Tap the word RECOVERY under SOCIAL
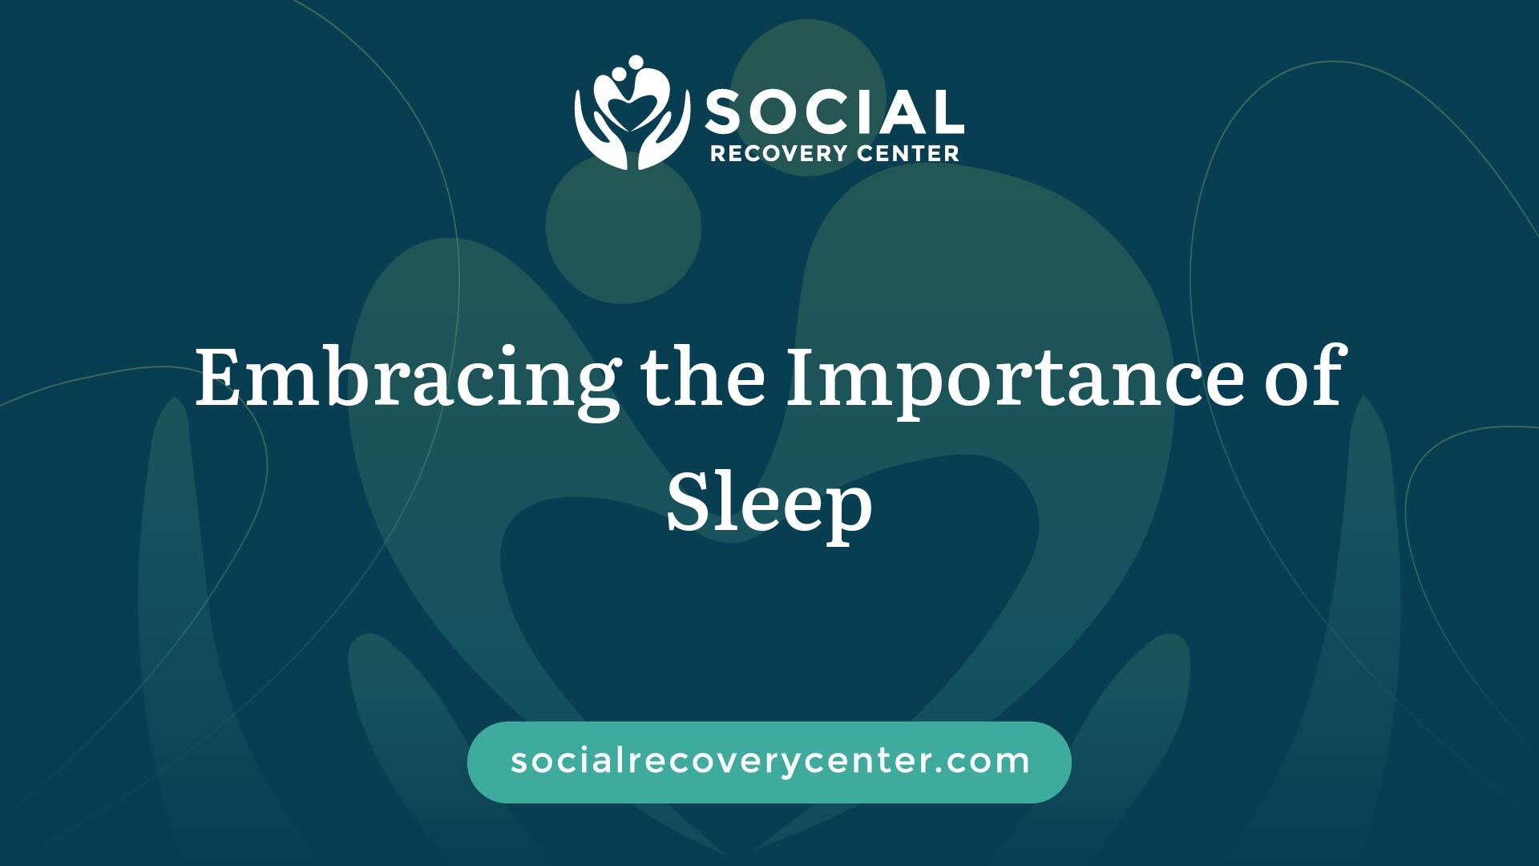779,153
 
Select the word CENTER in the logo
908,153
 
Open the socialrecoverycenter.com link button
769,762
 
